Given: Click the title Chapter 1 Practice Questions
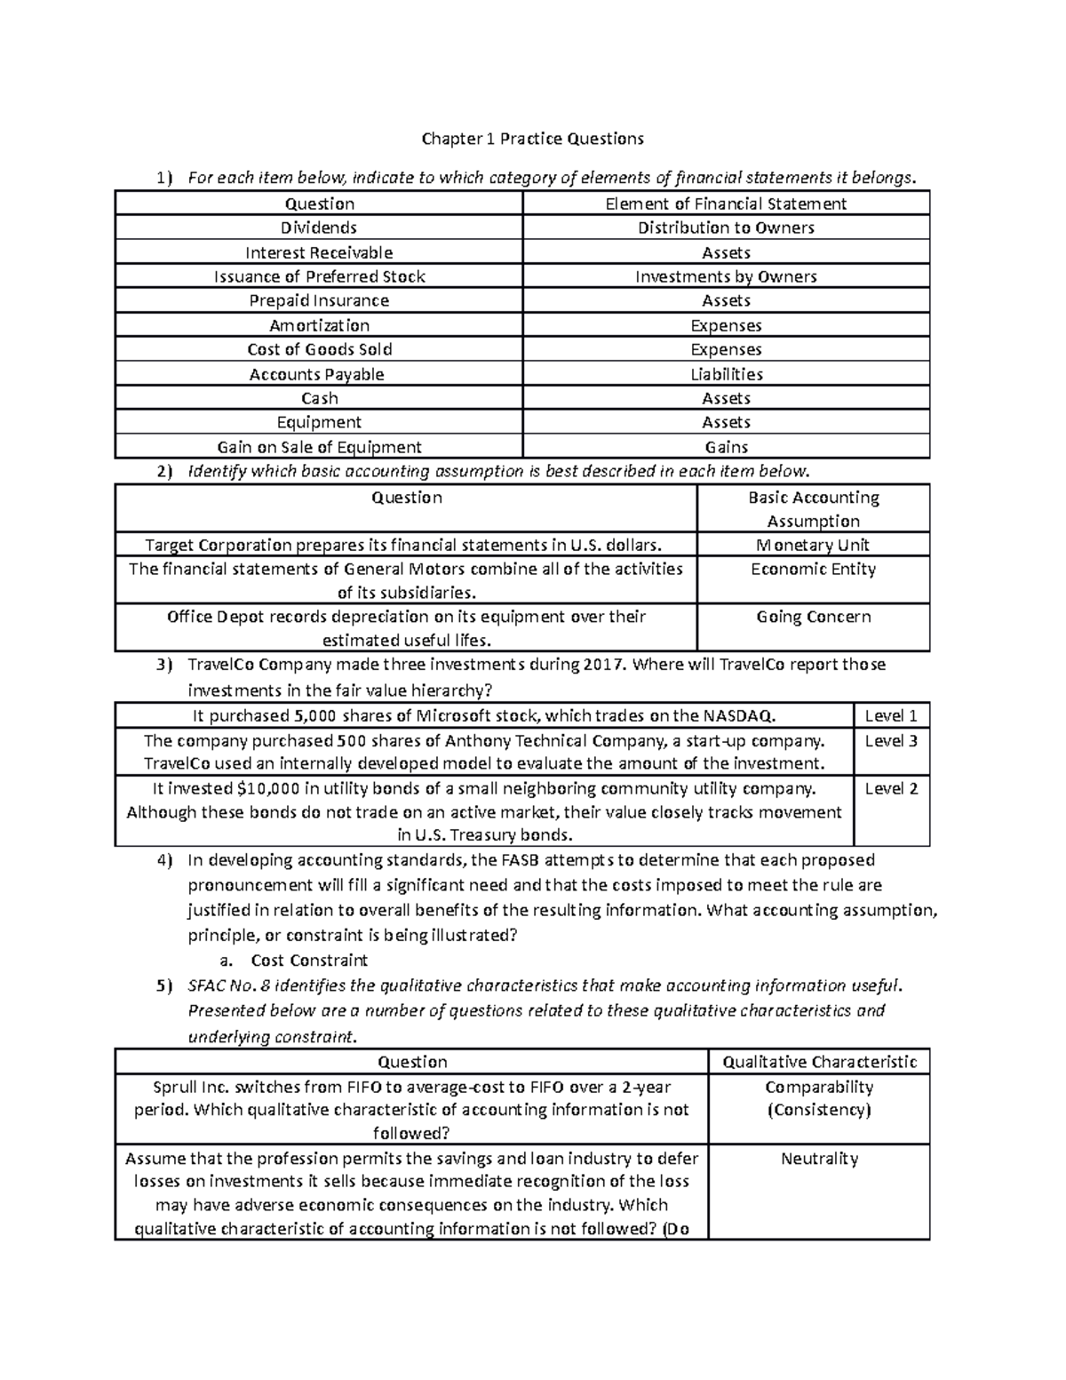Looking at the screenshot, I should click(x=532, y=139).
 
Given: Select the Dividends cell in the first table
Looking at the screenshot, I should click(x=319, y=228).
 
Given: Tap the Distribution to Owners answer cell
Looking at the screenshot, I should click(x=726, y=228).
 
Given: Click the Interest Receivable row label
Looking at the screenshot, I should click(x=319, y=253).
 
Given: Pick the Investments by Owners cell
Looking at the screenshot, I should click(x=726, y=277).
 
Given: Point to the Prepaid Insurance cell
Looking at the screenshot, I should click(x=319, y=301).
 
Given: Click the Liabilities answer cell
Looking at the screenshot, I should click(x=726, y=374).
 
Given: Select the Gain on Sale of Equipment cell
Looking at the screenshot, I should click(x=319, y=447).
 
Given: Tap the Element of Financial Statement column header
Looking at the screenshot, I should click(x=726, y=204).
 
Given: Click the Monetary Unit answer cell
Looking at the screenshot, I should click(x=813, y=545).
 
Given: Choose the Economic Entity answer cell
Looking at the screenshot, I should click(x=813, y=570).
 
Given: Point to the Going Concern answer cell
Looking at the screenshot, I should click(x=813, y=617).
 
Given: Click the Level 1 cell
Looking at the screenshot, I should click(x=891, y=716).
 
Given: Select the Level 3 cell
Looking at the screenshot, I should click(x=891, y=741).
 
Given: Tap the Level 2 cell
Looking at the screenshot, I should click(x=891, y=789).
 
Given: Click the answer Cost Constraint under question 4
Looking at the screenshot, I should click(x=309, y=961).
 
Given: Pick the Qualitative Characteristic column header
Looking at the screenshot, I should click(x=819, y=1062).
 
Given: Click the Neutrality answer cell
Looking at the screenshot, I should click(x=819, y=1159).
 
